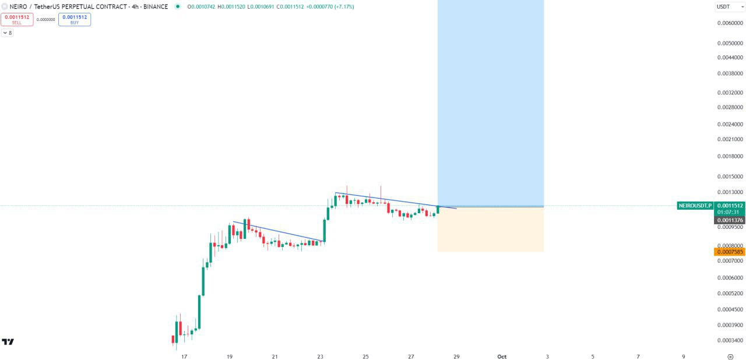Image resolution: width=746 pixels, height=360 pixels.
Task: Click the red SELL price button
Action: tap(17, 19)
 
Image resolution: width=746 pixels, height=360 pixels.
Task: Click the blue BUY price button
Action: tap(75, 19)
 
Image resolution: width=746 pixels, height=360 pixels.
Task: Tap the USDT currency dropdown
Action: tap(730, 6)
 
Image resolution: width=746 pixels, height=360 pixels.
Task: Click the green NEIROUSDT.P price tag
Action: tap(695, 206)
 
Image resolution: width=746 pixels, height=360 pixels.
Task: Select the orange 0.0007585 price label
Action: tap(730, 252)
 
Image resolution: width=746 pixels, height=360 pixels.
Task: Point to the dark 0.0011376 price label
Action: tap(730, 220)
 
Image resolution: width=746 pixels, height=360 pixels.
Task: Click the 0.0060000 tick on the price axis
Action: tap(730, 23)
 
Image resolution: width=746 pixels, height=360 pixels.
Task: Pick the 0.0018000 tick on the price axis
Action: tap(730, 156)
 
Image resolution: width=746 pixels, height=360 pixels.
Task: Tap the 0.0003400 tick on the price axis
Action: tap(730, 340)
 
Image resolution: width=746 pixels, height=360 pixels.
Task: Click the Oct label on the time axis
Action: tap(502, 357)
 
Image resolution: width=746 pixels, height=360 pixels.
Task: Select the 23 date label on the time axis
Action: tap(320, 357)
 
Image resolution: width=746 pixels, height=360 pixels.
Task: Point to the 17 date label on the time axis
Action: tap(184, 357)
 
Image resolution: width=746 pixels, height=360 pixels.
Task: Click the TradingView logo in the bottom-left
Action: tap(8, 342)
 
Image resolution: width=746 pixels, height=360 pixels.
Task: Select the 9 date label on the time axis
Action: tap(684, 357)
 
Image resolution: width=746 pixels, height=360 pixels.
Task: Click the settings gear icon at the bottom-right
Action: tap(730, 356)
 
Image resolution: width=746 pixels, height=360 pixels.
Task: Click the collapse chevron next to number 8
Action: tap(5, 33)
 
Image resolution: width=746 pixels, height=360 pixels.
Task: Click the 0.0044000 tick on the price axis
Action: tap(730, 58)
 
